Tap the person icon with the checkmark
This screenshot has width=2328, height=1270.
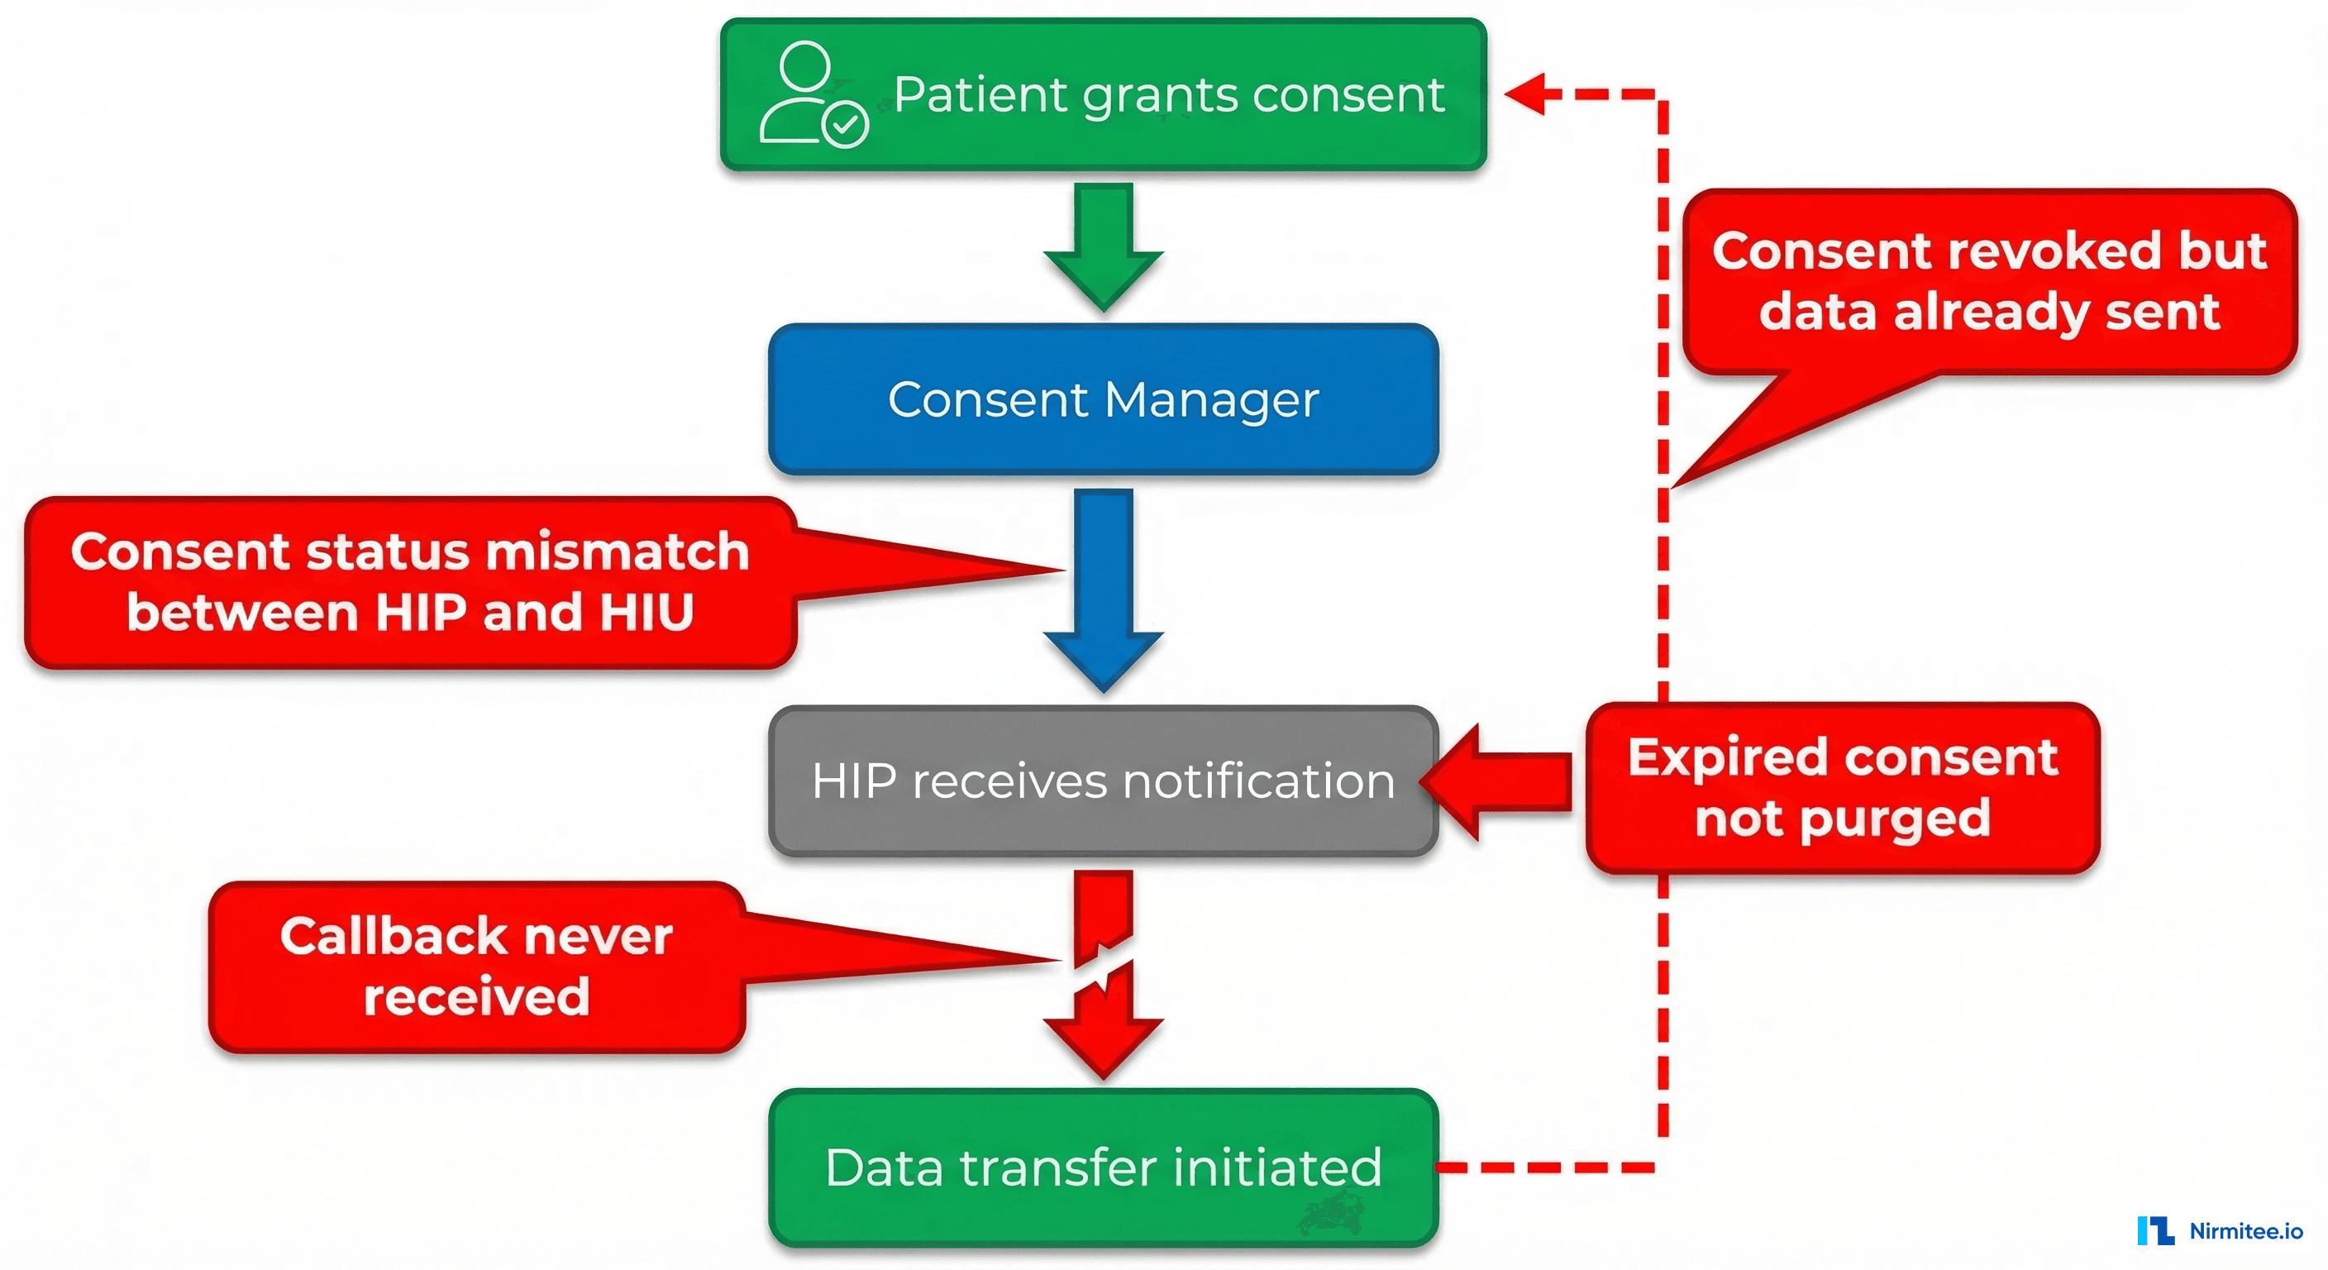(x=812, y=95)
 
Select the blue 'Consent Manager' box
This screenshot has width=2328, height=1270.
(x=1103, y=399)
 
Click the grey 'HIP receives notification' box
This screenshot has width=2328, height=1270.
(x=1103, y=781)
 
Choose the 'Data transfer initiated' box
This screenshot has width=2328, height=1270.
(x=1103, y=1167)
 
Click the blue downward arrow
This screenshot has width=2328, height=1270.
(x=1103, y=588)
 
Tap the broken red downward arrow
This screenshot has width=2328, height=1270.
(x=1103, y=976)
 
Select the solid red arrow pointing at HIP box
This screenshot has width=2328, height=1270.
(x=1500, y=782)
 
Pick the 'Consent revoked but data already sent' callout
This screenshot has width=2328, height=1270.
(x=1988, y=281)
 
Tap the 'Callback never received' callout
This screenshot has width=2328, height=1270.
(x=476, y=967)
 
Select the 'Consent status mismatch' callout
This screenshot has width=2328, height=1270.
(x=409, y=582)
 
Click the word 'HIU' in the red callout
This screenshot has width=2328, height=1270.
(x=647, y=613)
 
